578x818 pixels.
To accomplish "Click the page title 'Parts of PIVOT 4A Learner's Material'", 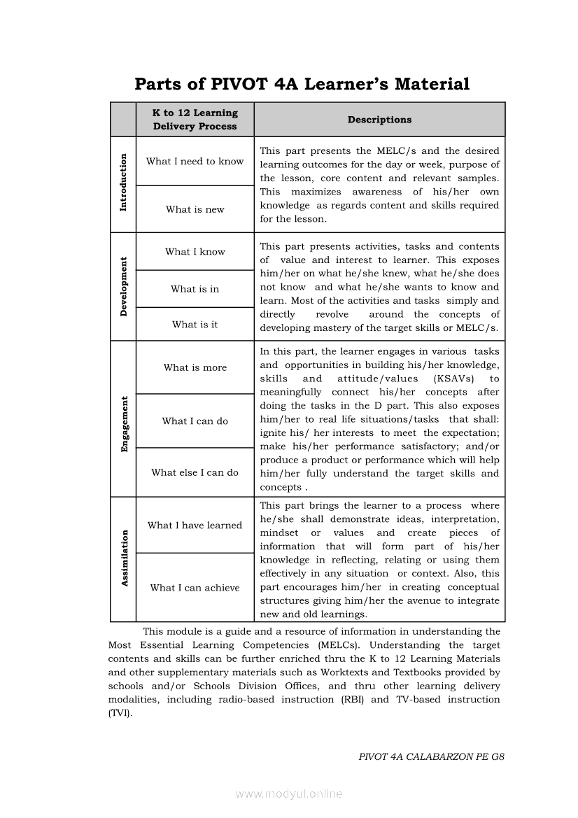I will coord(302,85).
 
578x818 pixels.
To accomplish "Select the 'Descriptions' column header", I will coord(379,120).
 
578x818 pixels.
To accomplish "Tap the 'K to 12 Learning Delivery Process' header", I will coord(195,120).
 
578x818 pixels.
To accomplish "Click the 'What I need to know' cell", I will coord(195,162).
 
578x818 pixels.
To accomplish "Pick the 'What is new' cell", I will coord(195,209).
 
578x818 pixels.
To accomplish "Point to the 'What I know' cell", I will coord(195,252).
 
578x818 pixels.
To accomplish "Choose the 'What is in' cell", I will coord(195,289).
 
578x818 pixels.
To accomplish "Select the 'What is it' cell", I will coord(195,325).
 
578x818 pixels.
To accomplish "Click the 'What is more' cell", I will coord(195,368).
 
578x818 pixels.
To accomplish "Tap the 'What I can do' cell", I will coord(195,421).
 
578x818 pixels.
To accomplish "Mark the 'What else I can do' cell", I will coord(195,473).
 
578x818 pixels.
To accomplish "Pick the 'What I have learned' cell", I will coord(195,526).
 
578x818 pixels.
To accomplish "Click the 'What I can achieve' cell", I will coord(195,588).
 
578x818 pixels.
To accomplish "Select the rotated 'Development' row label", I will coord(124,287).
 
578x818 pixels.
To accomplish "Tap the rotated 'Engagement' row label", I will coord(124,424).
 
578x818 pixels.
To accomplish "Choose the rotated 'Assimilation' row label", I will coord(124,558).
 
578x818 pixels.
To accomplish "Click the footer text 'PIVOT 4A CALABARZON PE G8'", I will coord(432,756).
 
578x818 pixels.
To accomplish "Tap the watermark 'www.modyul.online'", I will coord(289,794).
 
